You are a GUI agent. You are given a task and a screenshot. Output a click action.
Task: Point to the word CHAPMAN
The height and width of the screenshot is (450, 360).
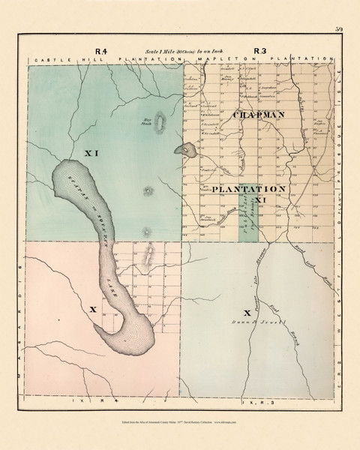tap(259, 115)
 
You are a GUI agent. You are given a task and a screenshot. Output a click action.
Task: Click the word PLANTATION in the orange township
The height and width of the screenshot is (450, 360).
tap(248, 188)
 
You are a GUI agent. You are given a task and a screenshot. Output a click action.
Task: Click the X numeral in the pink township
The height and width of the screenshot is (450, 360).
tap(91, 308)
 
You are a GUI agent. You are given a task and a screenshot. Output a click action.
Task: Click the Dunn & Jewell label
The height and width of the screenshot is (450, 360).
tap(247, 324)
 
